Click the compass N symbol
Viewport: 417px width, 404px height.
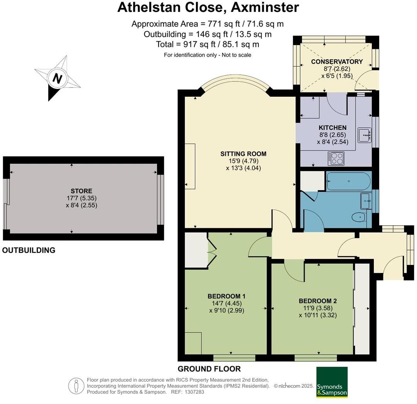click(x=57, y=79)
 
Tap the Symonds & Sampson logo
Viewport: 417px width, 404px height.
click(x=332, y=382)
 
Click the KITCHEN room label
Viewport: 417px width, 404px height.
click(x=332, y=127)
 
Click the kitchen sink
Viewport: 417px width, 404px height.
click(x=364, y=135)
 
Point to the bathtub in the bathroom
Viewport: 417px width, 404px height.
click(x=348, y=181)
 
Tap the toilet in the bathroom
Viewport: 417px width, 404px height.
click(x=360, y=218)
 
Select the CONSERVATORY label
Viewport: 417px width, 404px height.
click(x=337, y=62)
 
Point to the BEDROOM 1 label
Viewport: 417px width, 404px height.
click(x=226, y=296)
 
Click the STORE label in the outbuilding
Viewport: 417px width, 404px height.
click(x=81, y=191)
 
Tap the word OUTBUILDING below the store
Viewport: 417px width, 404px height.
click(x=29, y=250)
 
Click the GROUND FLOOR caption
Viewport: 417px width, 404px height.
click(x=209, y=369)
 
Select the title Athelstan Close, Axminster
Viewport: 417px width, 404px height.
click(x=208, y=7)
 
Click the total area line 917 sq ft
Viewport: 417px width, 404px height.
click(x=208, y=44)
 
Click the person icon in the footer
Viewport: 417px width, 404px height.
click(x=76, y=386)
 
